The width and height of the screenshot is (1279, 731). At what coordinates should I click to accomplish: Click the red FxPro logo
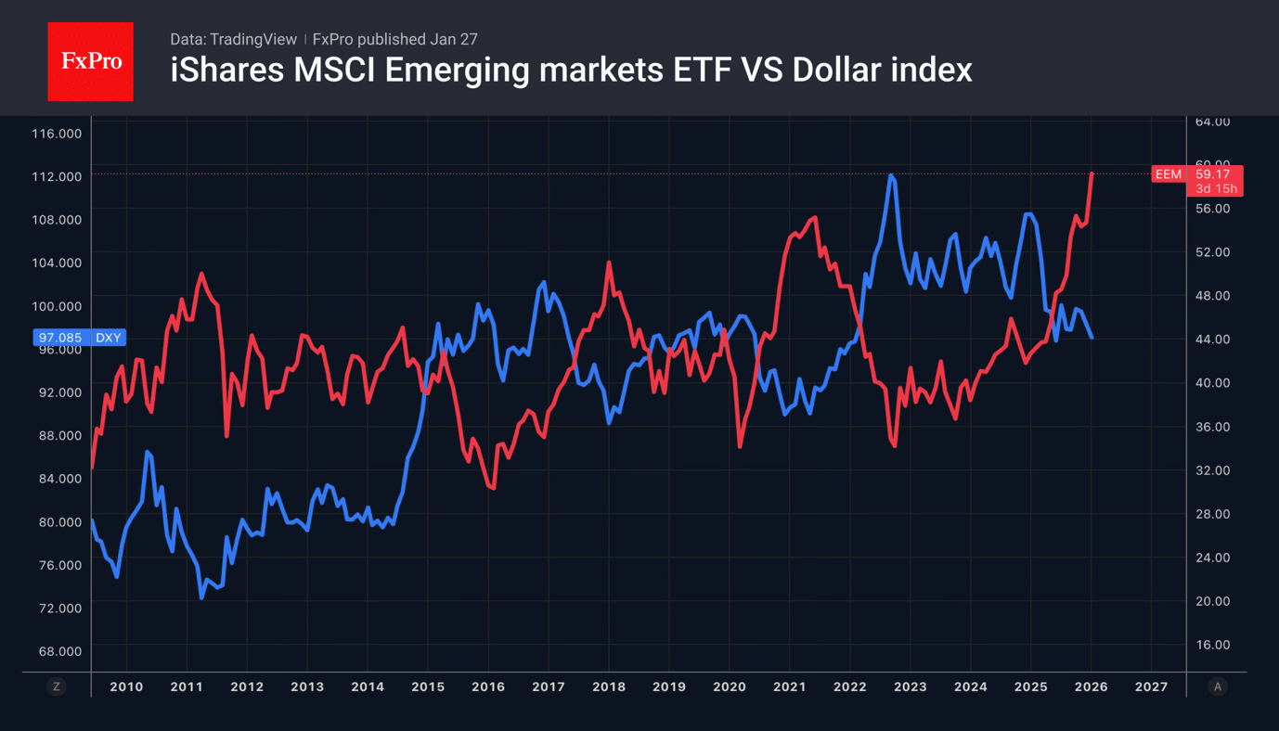coord(90,61)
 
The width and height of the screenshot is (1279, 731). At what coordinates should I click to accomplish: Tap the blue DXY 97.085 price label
coord(79,338)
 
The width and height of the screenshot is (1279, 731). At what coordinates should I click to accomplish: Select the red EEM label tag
coord(1168,174)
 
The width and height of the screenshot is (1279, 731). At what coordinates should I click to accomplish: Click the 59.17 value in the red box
coord(1213,174)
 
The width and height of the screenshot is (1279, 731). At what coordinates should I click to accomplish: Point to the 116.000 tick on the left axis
coord(57,134)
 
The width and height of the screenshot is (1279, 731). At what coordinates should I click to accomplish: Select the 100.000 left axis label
coord(57,306)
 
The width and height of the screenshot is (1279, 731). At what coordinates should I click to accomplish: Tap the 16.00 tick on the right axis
coord(1212,645)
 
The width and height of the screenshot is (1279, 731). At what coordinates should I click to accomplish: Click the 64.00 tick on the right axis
coord(1212,122)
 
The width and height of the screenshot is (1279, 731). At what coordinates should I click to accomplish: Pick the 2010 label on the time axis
coord(126,687)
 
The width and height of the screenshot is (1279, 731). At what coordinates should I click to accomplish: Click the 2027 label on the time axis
coord(1151,687)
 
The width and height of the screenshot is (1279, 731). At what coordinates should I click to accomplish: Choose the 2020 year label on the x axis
coord(729,687)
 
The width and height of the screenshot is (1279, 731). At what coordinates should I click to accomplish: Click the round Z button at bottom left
coord(57,686)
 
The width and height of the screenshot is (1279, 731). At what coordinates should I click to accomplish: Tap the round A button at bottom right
coord(1218,686)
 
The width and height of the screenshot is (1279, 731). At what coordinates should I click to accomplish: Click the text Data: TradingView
coord(233,39)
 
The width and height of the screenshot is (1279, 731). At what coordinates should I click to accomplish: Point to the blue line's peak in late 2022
coord(891,175)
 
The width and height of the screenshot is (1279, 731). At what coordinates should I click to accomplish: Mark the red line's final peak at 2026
coord(1092,173)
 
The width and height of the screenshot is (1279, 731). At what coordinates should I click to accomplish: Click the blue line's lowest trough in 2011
coord(201,597)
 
